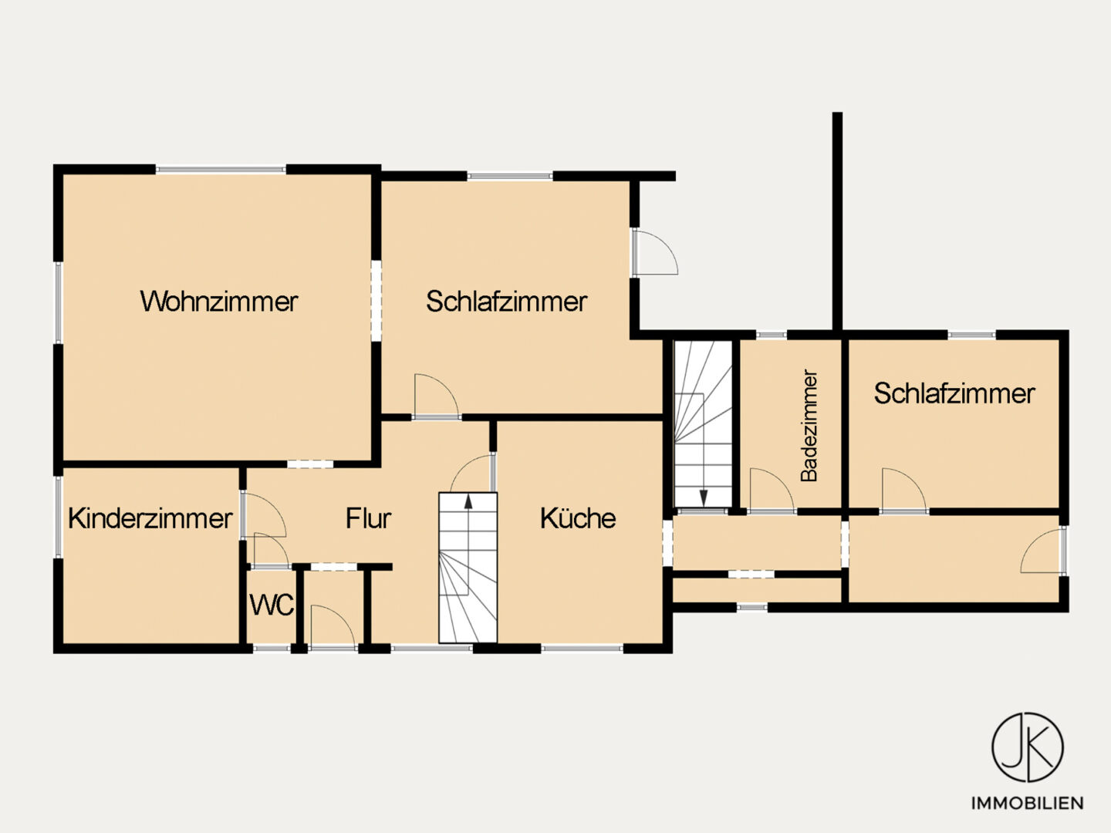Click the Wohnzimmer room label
coord(219,302)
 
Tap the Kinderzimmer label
coord(150,518)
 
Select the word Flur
coord(369,518)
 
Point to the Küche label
coord(578,518)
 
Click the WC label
coord(272,605)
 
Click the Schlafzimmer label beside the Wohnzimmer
coord(507,302)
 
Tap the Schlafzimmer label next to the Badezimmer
coord(954,393)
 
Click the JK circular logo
coord(1028,747)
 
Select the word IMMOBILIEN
coord(1028,803)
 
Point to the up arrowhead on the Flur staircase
coord(468,501)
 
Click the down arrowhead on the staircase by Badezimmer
coord(703,498)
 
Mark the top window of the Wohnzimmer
coord(221,170)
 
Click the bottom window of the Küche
coord(582,649)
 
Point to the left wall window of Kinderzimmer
coord(58,517)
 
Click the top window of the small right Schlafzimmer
coord(971,334)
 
